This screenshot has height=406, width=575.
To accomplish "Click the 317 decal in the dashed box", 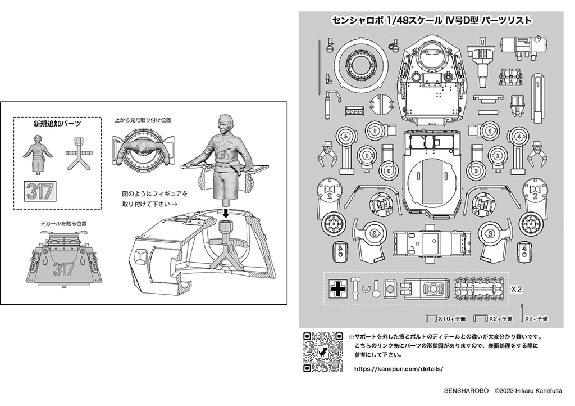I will point(40,192).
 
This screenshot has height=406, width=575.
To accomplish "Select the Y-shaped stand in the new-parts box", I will point(77,153).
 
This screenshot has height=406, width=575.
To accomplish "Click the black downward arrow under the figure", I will point(225,211).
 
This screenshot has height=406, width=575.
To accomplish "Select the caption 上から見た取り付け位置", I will point(143,120).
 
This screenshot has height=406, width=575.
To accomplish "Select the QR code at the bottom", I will point(323,352).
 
